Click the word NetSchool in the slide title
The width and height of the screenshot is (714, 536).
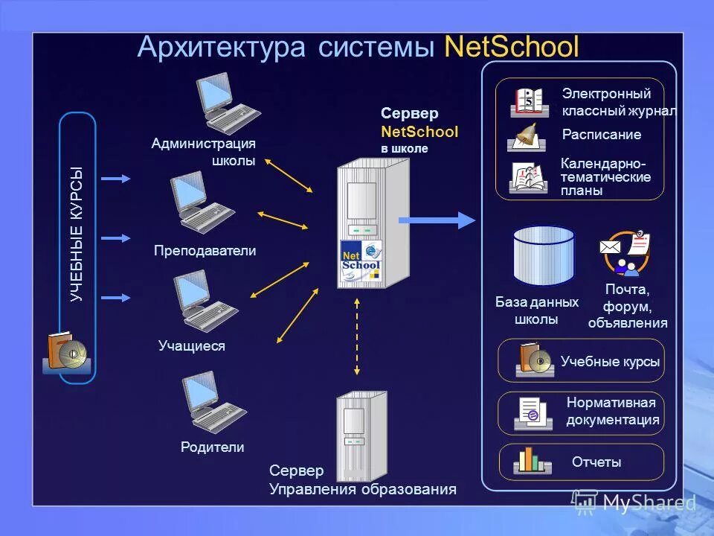tap(511, 47)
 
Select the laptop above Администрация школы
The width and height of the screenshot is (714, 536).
tap(226, 104)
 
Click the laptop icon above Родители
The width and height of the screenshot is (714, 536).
tap(213, 402)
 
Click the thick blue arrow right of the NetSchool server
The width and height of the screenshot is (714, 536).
tap(436, 220)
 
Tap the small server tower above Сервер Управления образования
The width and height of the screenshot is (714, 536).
tap(361, 435)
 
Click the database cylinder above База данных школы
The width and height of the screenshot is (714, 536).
tap(544, 256)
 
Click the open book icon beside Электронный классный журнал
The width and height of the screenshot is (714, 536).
tap(530, 102)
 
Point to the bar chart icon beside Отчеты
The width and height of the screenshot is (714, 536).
tap(532, 461)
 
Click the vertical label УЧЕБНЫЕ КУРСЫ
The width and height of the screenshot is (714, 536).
tap(77, 234)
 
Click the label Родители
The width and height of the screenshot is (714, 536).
tap(212, 447)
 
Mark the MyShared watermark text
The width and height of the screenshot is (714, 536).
tap(648, 503)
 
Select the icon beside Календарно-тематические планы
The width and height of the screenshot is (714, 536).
tap(529, 177)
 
